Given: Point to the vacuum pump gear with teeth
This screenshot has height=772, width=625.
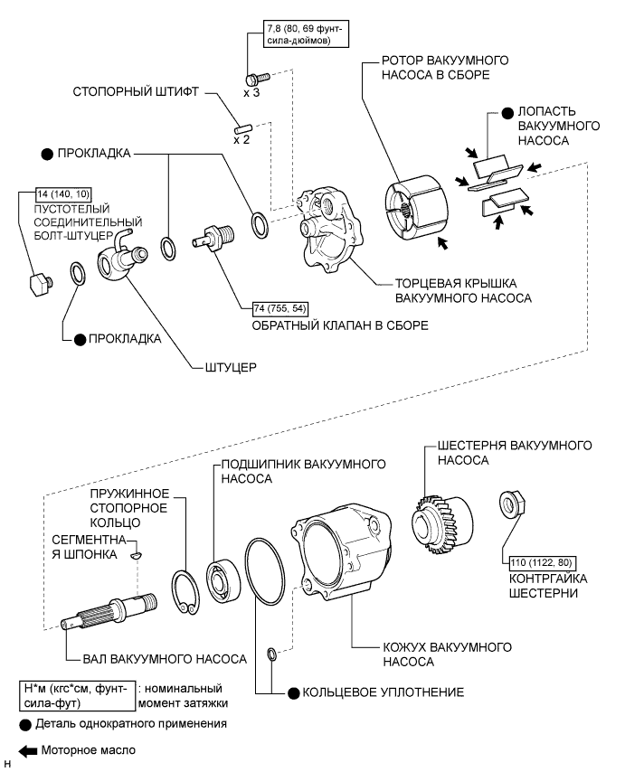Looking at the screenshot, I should pos(436,516).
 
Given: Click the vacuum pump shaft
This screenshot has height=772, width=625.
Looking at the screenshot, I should pos(113,611).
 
